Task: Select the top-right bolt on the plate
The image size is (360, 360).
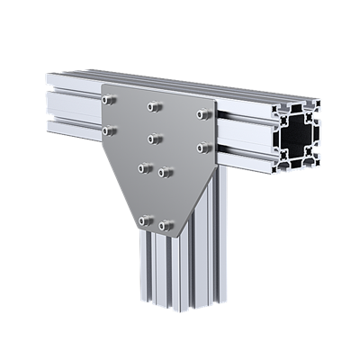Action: pyautogui.click(x=203, y=114)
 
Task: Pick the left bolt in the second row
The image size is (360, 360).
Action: pyautogui.click(x=109, y=131)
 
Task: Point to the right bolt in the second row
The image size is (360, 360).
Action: pyautogui.click(x=203, y=146)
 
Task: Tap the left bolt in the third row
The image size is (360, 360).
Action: pyautogui.click(x=144, y=166)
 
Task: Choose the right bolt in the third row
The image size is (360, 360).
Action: pyautogui.click(x=165, y=171)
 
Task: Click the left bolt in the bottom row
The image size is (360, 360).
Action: pyautogui.click(x=144, y=220)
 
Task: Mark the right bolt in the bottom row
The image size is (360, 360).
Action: pyautogui.click(x=165, y=225)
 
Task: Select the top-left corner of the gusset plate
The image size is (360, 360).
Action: pyautogui.click(x=103, y=85)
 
